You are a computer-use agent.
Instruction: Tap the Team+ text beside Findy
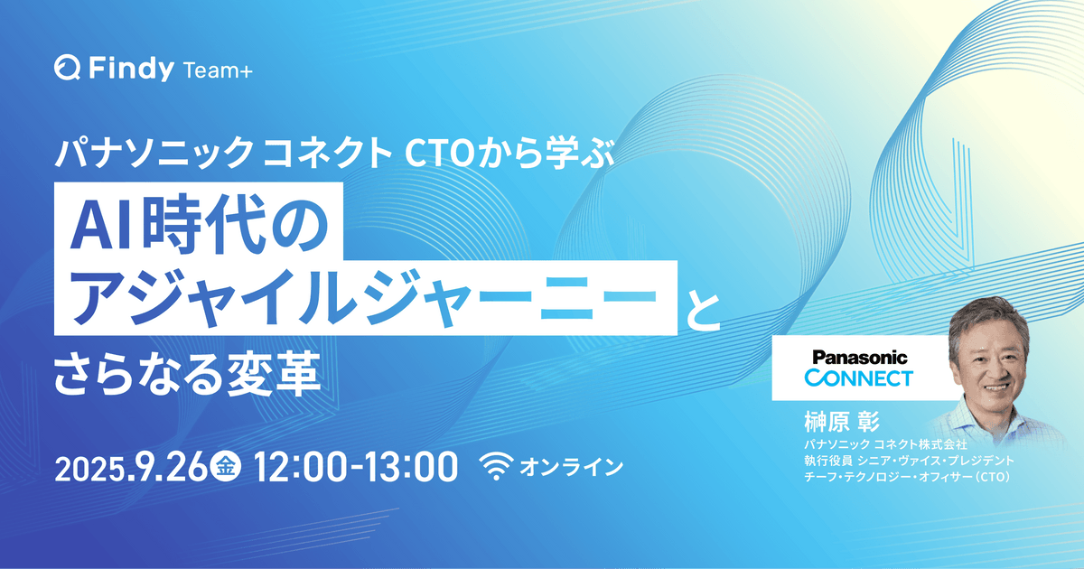click(x=217, y=69)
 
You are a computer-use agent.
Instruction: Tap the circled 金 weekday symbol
click(x=227, y=467)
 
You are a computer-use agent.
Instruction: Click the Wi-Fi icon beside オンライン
click(x=495, y=466)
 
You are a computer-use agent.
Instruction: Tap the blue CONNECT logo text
click(x=857, y=378)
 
